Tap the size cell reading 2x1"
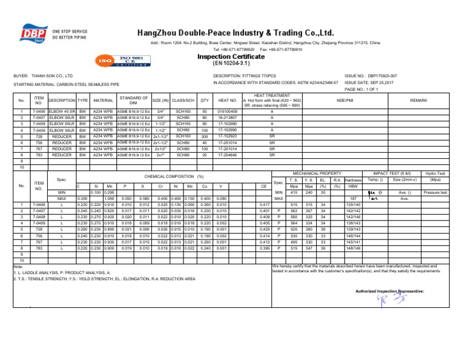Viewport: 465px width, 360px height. point(160,154)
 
